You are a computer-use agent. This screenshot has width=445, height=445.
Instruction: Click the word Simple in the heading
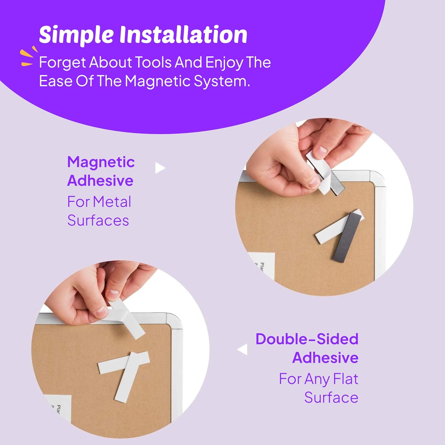[x=76, y=35]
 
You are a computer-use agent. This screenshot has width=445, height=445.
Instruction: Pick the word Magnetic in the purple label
[x=101, y=162]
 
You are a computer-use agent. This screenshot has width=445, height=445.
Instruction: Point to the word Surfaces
[x=98, y=220]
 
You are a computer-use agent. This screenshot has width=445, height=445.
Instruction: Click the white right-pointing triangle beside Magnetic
[x=160, y=168]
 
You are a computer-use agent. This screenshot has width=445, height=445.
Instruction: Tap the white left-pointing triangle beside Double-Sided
[x=243, y=349]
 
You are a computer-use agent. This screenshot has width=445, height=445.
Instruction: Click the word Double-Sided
[x=307, y=339]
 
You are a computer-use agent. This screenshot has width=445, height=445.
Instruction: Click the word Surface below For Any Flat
[x=331, y=398]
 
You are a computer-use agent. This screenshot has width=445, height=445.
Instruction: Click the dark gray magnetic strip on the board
[x=347, y=237]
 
